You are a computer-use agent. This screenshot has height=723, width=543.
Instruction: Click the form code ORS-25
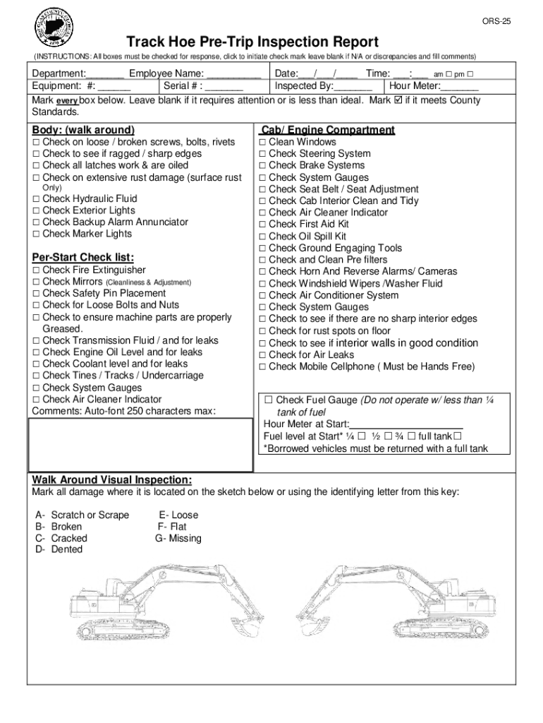tap(496, 22)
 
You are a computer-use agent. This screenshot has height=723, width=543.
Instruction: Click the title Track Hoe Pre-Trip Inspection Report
tap(252, 42)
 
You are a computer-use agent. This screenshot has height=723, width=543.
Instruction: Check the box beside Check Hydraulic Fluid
tap(36, 199)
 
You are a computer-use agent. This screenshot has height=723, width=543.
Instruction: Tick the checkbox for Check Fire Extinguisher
tap(36, 270)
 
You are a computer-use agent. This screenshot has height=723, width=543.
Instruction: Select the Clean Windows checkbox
tap(262, 142)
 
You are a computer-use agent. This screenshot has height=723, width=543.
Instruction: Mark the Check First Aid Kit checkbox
tap(262, 225)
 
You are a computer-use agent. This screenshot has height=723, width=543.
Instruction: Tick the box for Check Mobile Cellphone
tap(262, 366)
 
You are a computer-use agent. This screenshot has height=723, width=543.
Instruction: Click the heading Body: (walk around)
tap(83, 130)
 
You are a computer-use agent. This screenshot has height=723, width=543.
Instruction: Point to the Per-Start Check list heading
tap(83, 257)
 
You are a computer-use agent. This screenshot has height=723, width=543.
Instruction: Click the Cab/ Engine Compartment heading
tap(327, 130)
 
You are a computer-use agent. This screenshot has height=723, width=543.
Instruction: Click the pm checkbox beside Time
tap(470, 74)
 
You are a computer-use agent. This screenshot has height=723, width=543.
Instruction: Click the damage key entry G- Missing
tap(178, 538)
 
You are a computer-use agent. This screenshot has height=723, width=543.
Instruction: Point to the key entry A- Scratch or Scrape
tap(83, 515)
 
